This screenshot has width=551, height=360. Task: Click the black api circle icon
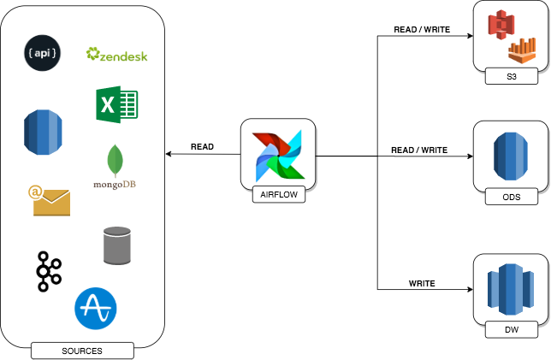[42, 53]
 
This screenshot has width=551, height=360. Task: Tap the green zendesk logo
[117, 56]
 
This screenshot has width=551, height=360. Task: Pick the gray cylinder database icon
[116, 245]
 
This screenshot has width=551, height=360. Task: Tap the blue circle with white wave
[96, 308]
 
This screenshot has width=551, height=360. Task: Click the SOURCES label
[82, 351]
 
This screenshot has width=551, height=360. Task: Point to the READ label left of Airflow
[203, 146]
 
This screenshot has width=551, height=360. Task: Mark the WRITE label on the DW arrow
[422, 283]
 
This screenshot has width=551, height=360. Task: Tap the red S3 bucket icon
[500, 27]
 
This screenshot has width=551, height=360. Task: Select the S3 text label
[512, 78]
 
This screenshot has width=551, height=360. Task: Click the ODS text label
[512, 198]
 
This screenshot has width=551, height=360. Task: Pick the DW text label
[512, 329]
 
